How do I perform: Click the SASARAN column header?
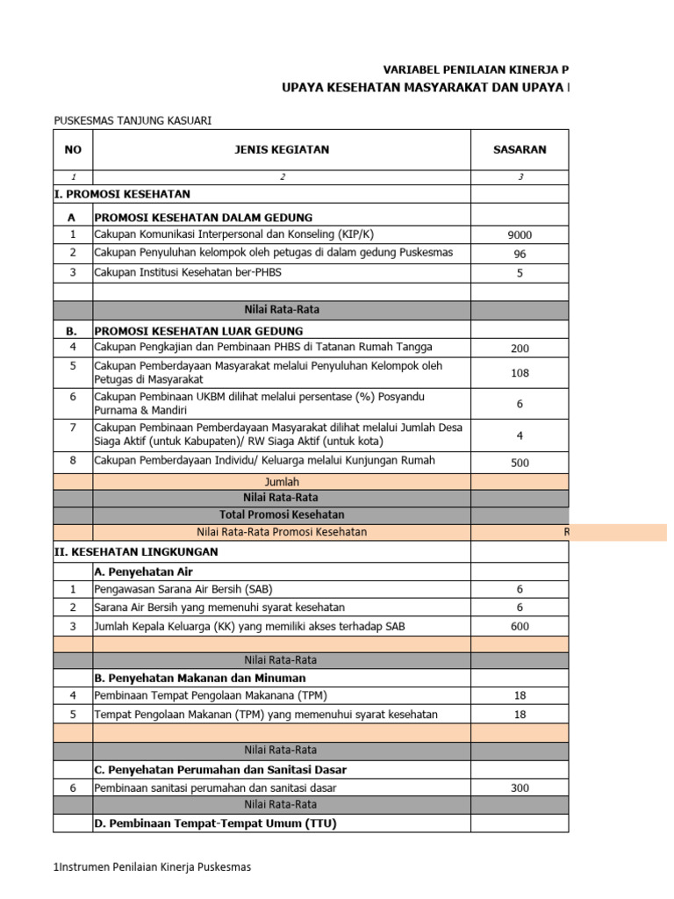coord(520,149)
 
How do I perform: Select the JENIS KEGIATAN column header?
coord(282,149)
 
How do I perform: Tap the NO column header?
coord(73,149)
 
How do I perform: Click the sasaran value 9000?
coord(520,235)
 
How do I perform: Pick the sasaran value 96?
coord(520,254)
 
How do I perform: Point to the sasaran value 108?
coord(520,373)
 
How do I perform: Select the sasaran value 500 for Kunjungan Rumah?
coord(520,463)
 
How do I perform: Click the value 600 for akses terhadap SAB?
coord(520,626)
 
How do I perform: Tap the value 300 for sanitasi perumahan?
coord(520,788)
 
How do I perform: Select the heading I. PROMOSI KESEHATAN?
coord(122,194)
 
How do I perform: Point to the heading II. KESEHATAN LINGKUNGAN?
coord(136,552)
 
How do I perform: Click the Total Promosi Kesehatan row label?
coord(282,514)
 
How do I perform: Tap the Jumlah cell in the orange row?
coord(282,482)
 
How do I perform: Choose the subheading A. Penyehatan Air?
coord(143,572)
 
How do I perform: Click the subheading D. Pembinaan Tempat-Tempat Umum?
coord(215,823)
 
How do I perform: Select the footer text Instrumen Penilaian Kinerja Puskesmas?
coord(154,867)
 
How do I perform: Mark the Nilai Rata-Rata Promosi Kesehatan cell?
coord(282,532)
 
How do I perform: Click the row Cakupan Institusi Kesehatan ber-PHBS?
coord(188,272)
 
